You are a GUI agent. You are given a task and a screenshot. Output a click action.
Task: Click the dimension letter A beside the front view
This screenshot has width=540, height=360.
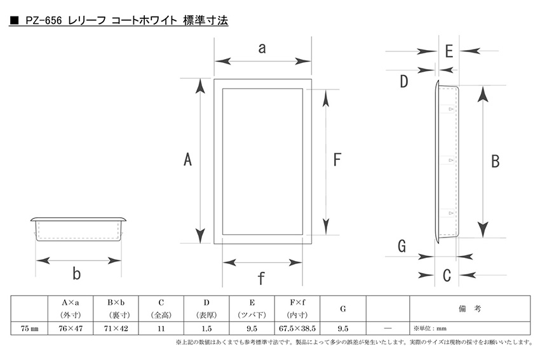click(x=187, y=160)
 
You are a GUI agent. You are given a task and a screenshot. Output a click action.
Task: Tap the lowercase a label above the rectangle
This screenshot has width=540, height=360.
click(x=262, y=48)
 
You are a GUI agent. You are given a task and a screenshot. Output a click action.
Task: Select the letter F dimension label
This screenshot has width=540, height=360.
click(x=337, y=160)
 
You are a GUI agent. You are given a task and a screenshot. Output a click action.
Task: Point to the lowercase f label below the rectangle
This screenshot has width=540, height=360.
click(x=261, y=278)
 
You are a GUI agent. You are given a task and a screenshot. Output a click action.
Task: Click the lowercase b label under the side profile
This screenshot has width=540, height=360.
click(x=76, y=273)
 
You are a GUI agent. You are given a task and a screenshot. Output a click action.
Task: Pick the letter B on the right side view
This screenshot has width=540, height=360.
click(x=496, y=161)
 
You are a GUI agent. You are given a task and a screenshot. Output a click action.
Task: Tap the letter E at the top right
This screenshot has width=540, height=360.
click(x=449, y=51)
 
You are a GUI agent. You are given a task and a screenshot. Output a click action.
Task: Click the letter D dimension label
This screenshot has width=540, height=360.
click(x=403, y=81)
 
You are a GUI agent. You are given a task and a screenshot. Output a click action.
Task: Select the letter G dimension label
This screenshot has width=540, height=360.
click(x=402, y=246)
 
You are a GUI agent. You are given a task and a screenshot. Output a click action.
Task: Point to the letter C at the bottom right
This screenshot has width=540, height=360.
click(x=447, y=276)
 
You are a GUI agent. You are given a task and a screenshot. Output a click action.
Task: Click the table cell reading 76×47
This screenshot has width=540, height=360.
click(x=71, y=329)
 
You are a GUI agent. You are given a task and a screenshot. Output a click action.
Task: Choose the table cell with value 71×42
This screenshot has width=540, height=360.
click(x=116, y=329)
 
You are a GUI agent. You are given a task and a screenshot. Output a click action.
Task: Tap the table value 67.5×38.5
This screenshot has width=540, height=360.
click(x=297, y=329)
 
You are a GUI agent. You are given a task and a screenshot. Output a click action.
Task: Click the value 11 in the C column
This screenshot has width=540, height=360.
click(x=161, y=329)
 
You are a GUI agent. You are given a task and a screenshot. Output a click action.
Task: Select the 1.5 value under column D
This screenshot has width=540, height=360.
click(x=206, y=329)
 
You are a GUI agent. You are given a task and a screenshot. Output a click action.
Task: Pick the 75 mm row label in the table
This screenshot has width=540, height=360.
click(x=29, y=329)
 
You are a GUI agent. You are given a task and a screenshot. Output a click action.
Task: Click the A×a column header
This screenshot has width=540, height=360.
click(x=71, y=303)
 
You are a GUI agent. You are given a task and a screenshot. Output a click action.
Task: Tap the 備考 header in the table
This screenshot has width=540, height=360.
click(x=469, y=309)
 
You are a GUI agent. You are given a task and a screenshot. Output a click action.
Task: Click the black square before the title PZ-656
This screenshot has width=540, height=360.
click(x=14, y=20)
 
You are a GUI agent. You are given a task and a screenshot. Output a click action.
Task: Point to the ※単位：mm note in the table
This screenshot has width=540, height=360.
click(x=430, y=329)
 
